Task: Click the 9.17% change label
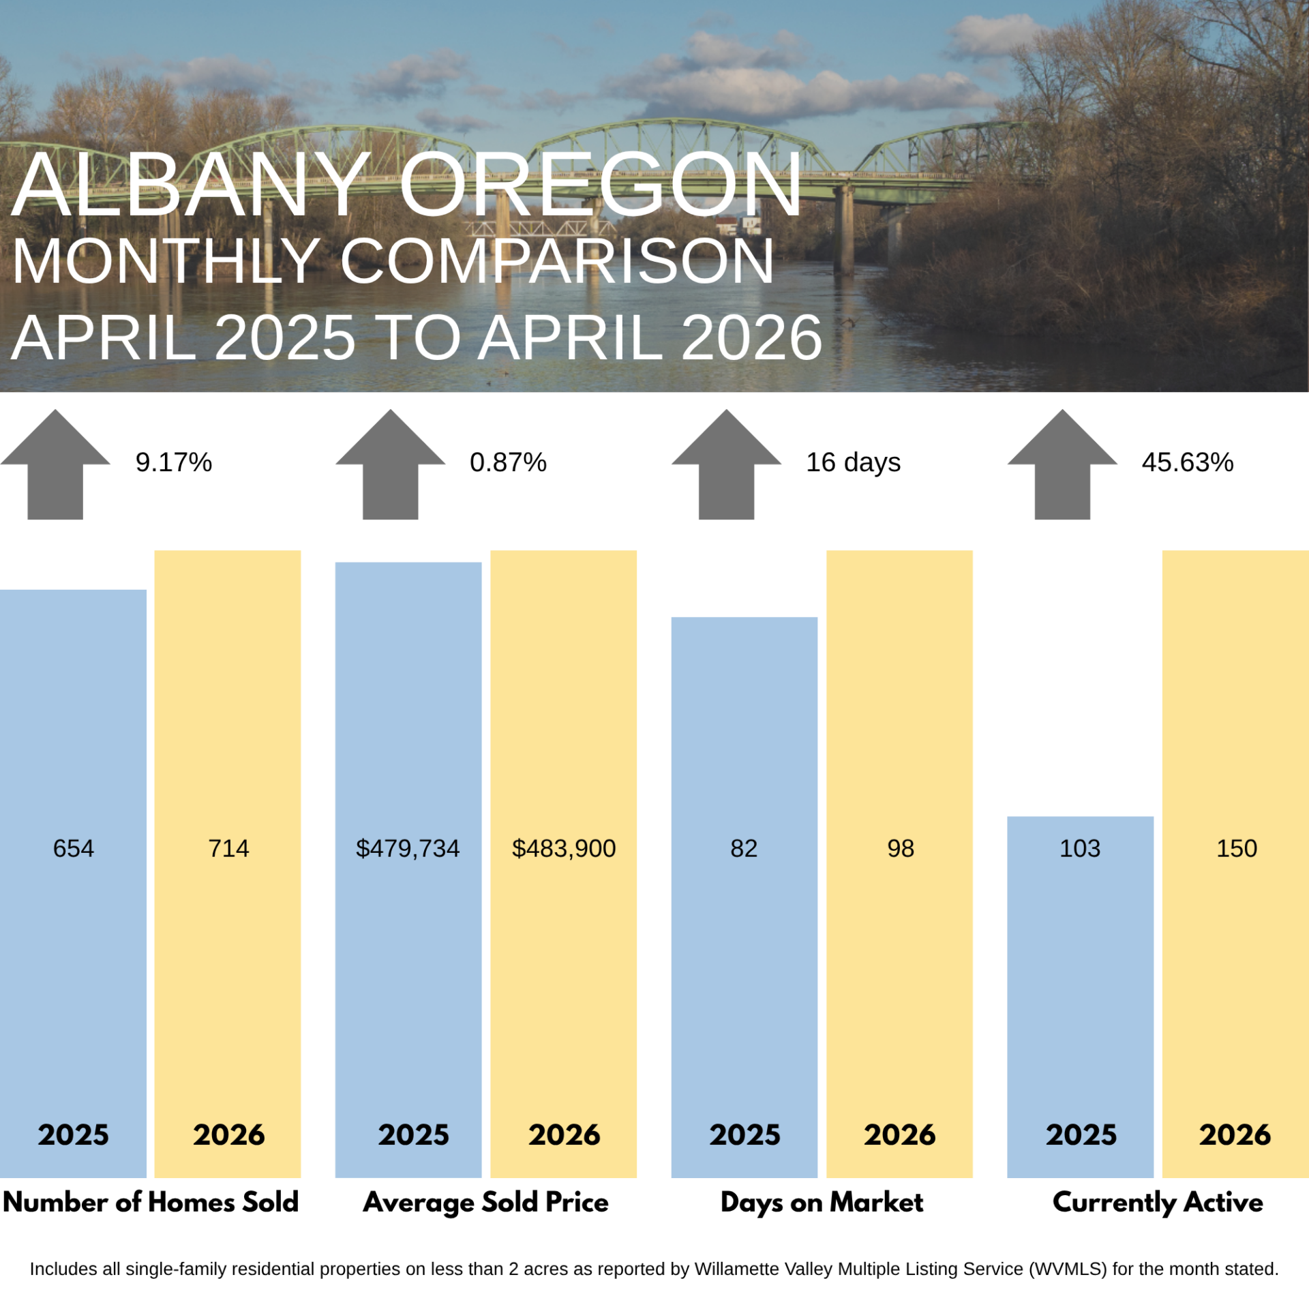(x=174, y=462)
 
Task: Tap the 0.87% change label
(x=508, y=462)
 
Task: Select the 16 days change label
(x=853, y=463)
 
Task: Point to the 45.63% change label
(x=1188, y=462)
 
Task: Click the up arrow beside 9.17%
(x=55, y=464)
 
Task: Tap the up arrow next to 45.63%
(x=1062, y=464)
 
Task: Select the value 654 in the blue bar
(x=74, y=848)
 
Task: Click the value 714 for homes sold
(x=228, y=848)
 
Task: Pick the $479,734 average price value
(x=408, y=849)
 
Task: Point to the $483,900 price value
(x=564, y=849)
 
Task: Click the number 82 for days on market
(x=744, y=848)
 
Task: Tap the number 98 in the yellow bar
(x=901, y=848)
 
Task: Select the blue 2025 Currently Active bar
(x=1081, y=997)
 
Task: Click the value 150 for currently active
(x=1237, y=848)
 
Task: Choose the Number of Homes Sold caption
(x=151, y=1202)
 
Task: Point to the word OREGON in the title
(x=601, y=184)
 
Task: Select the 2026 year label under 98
(x=900, y=1135)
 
